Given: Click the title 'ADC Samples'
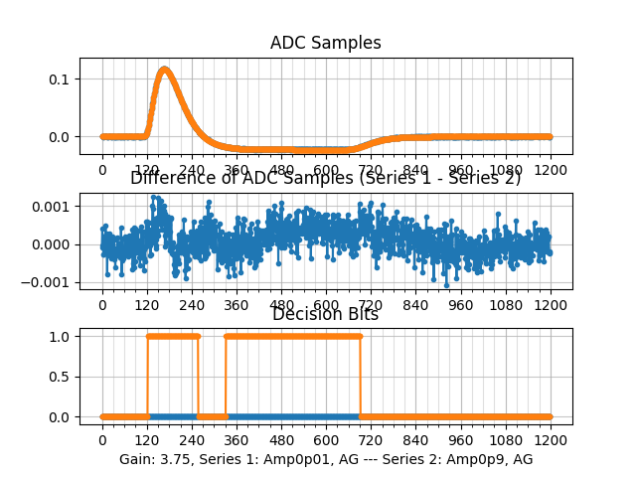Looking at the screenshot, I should click(325, 43).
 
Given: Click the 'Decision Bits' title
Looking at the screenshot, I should click(325, 314).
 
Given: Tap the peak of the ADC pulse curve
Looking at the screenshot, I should click(164, 70).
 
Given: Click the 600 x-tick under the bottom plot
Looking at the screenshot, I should click(326, 440).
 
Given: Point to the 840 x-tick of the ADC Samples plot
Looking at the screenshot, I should click(415, 170).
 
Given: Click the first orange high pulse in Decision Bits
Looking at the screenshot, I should click(172, 336).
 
